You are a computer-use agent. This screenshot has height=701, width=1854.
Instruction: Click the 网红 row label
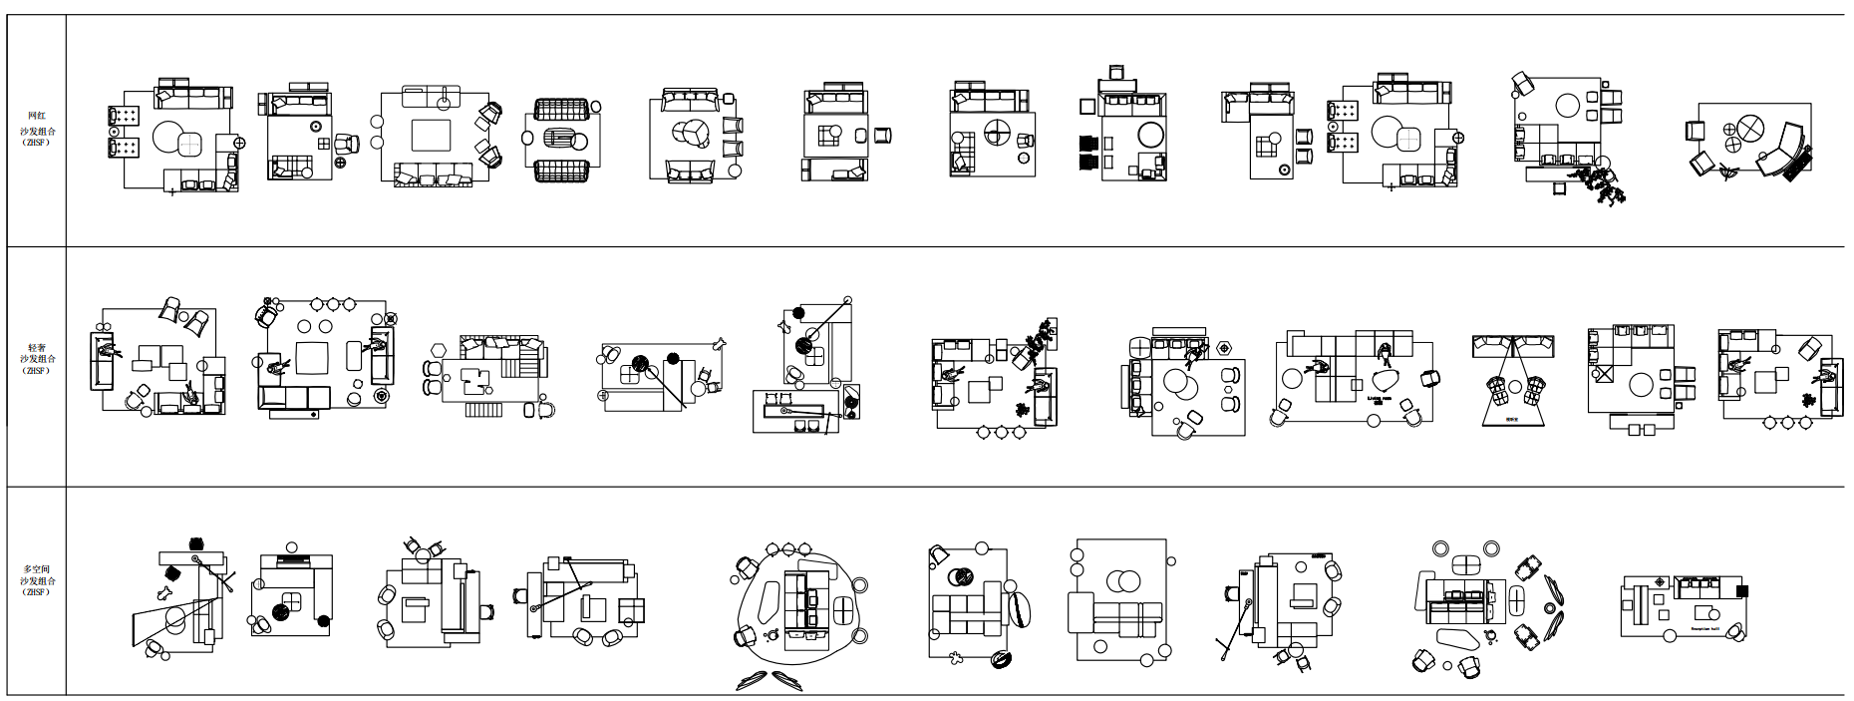(x=36, y=117)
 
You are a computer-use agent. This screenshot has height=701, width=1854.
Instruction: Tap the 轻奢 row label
(x=36, y=347)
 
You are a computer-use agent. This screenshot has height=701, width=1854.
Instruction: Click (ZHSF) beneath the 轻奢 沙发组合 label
(x=36, y=371)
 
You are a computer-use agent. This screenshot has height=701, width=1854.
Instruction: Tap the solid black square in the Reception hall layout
(x=1741, y=590)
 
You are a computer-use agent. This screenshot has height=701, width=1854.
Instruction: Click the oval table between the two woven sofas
(x=562, y=140)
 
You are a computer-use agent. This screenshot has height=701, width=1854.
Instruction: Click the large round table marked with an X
(x=1749, y=128)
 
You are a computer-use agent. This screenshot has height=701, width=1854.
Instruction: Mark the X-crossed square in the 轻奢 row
(x=1604, y=375)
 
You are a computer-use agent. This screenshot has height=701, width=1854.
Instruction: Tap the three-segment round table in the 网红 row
(x=690, y=134)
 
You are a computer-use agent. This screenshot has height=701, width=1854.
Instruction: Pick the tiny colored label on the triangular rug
(x=1511, y=419)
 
